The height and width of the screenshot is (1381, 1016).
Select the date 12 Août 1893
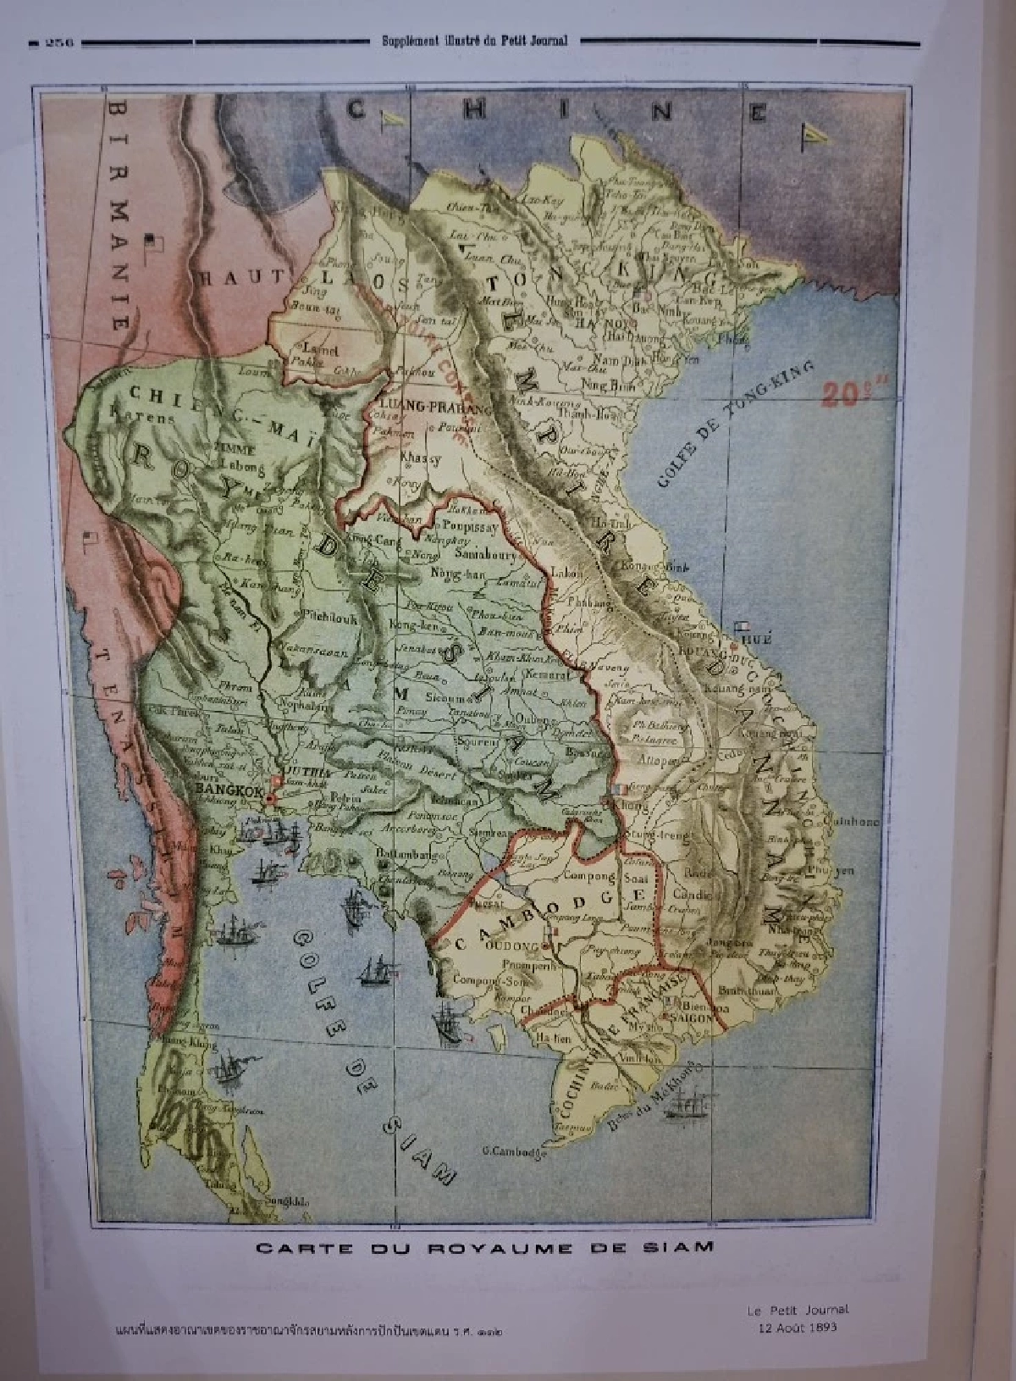pyautogui.click(x=797, y=1327)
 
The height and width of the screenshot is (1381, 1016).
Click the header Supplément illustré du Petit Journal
pyautogui.click(x=474, y=40)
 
